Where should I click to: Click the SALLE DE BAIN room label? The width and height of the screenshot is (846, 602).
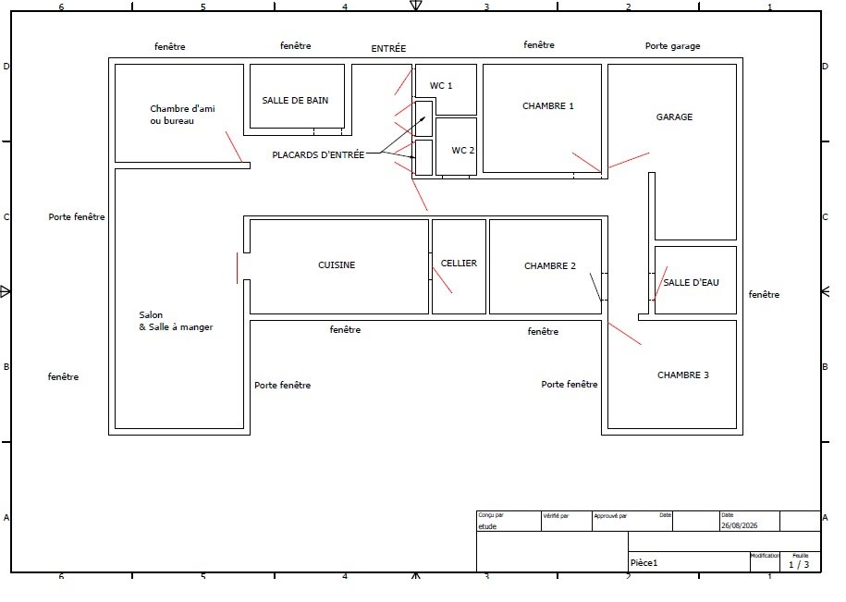295,100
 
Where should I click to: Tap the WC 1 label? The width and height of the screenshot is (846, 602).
441,85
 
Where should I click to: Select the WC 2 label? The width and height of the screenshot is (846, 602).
463,150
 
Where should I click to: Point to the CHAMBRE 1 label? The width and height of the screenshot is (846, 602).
547,105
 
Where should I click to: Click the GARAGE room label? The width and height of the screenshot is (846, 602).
674,117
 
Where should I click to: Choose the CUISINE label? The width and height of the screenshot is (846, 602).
337,264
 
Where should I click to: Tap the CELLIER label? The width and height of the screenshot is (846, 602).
459,264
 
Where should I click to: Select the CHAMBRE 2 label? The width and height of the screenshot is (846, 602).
550,266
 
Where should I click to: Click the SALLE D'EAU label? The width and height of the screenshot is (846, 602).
691,282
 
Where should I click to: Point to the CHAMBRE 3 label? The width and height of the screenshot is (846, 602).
683,375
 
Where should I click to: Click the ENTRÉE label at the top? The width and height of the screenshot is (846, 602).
388,48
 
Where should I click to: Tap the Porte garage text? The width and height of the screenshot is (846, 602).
673,46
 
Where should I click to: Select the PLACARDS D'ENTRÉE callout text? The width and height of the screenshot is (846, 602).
318,154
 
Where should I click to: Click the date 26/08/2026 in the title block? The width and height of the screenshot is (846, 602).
739,525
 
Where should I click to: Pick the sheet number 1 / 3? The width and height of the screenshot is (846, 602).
799,565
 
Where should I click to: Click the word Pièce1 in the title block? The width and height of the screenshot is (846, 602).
644,563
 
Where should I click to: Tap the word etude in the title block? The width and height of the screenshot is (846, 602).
487,526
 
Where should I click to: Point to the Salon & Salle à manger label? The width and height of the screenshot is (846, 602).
176,321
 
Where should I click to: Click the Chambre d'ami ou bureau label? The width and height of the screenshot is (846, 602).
182,115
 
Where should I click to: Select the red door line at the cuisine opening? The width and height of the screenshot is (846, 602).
237,268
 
